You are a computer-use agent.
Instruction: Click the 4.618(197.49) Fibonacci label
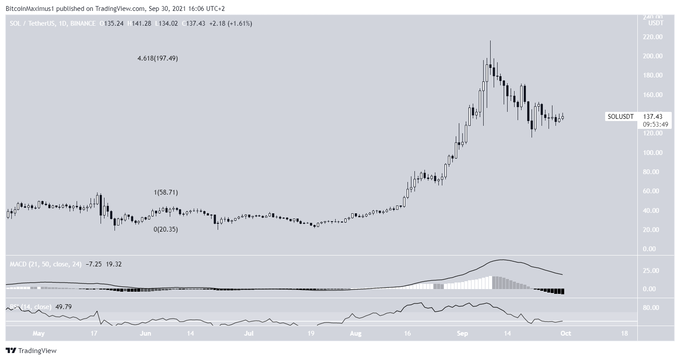point(158,58)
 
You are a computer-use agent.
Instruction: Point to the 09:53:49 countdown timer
point(656,124)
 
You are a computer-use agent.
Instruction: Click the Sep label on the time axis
point(463,334)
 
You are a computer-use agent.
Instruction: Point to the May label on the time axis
point(39,334)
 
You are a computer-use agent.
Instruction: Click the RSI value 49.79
point(63,307)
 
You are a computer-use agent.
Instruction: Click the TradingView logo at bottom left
point(31,350)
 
